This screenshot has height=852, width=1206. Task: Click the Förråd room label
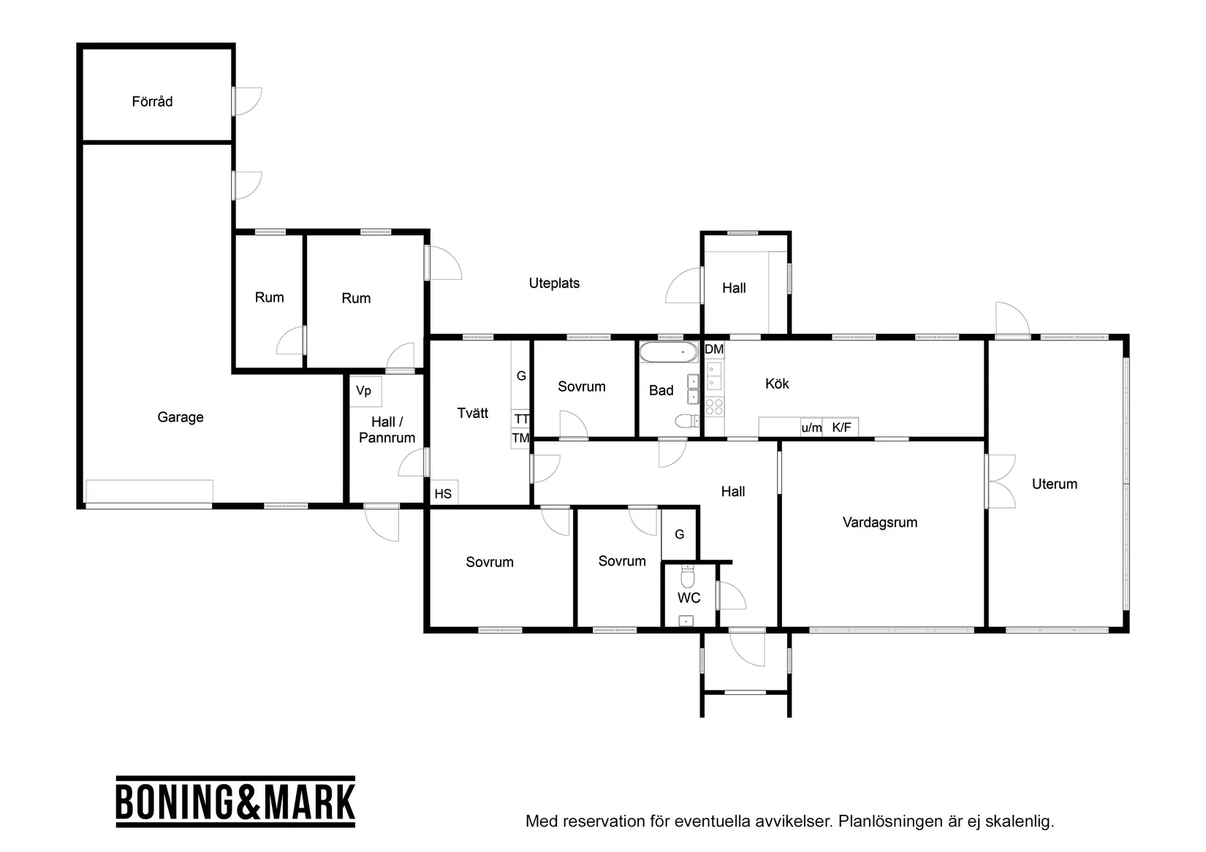tap(152, 101)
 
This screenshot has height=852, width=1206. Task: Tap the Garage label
tap(181, 417)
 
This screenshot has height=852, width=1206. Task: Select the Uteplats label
tap(554, 283)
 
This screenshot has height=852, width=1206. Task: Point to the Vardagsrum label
tap(880, 522)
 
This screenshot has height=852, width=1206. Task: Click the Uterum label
tap(1054, 484)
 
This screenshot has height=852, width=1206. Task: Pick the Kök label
tap(777, 383)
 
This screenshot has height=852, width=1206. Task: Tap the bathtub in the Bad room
tap(669, 351)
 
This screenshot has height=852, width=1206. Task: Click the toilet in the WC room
tap(688, 576)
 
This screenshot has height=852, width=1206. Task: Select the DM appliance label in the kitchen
tap(714, 349)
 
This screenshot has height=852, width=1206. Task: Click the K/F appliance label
tap(841, 427)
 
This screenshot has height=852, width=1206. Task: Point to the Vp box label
tap(363, 391)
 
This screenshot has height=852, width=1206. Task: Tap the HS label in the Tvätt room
tap(443, 493)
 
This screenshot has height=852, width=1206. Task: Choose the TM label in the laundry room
tap(520, 438)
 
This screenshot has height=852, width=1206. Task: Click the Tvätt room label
tap(473, 413)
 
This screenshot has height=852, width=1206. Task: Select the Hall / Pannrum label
tap(387, 430)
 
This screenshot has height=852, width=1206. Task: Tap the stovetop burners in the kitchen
tap(714, 407)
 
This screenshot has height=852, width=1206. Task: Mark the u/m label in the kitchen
tap(811, 428)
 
